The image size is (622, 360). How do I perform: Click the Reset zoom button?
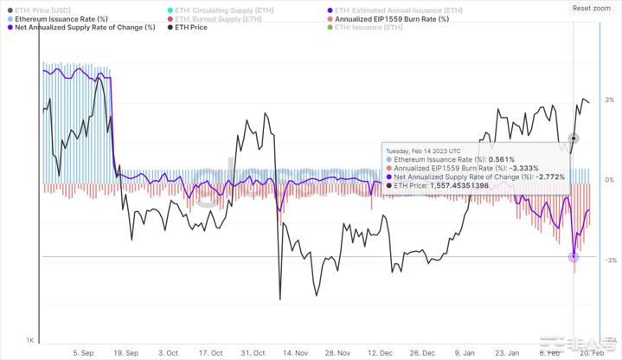pyautogui.click(x=592, y=8)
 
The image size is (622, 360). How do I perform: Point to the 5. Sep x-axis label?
pyautogui.click(x=84, y=352)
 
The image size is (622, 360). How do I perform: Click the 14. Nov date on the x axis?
pyautogui.click(x=296, y=352)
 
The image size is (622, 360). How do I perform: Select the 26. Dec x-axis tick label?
pyautogui.click(x=422, y=352)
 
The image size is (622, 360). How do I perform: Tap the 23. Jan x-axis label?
pyautogui.click(x=508, y=352)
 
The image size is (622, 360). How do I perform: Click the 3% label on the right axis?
pyautogui.click(x=610, y=100)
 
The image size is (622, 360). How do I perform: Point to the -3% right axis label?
pyautogui.click(x=609, y=260)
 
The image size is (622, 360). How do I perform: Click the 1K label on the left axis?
pyautogui.click(x=29, y=340)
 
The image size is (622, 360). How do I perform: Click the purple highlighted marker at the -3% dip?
pyautogui.click(x=573, y=257)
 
